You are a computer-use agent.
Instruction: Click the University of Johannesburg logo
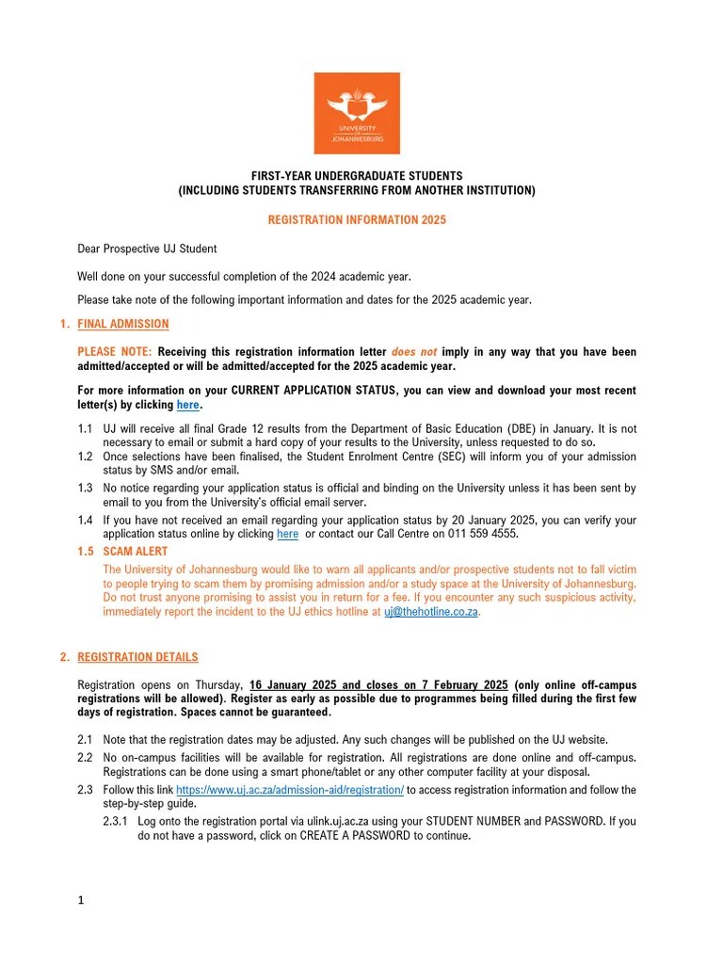pos(356,113)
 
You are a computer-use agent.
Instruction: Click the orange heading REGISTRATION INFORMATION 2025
pos(357,220)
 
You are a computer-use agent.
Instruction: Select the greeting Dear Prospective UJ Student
pos(147,249)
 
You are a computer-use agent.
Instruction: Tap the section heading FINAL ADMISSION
pos(122,324)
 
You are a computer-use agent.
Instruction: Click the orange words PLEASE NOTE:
pos(114,352)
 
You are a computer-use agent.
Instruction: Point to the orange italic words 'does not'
pos(414,352)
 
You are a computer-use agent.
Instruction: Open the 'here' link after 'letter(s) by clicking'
pos(188,405)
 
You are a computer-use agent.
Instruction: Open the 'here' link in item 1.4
pos(287,534)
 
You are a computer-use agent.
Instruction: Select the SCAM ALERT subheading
pos(136,552)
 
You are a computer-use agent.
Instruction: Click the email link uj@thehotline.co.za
pos(431,611)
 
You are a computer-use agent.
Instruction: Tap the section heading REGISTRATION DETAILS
pos(137,657)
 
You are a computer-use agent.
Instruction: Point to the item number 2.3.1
pos(117,821)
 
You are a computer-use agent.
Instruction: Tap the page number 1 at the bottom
pos(81,900)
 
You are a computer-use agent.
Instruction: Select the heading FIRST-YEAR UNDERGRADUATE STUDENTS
pos(356,176)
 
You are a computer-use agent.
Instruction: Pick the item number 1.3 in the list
pos(86,489)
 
